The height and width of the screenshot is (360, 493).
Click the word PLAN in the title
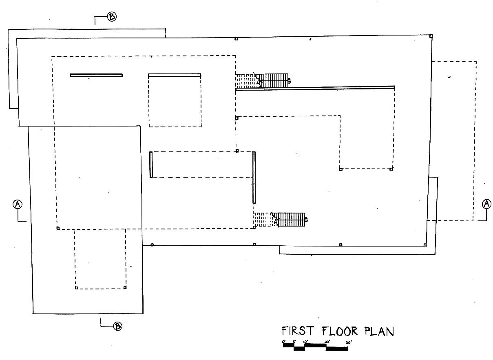(380, 331)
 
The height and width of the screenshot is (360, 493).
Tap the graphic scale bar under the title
(315, 347)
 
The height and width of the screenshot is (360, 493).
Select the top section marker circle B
(112, 17)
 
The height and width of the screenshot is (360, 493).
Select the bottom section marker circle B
(117, 326)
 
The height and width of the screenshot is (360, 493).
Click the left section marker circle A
(18, 204)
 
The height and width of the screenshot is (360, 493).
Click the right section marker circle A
(486, 204)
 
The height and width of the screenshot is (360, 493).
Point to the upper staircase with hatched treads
(272, 81)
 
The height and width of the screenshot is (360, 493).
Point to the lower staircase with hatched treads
(289, 220)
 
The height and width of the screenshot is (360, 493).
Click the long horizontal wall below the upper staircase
(315, 88)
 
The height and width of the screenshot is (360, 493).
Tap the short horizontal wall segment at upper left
(96, 75)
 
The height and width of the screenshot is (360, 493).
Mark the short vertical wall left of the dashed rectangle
(151, 164)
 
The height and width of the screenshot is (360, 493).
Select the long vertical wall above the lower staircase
(254, 178)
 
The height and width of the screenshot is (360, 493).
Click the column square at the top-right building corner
(431, 36)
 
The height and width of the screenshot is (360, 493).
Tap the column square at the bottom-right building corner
(425, 245)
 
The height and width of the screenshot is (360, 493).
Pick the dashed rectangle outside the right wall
(453, 141)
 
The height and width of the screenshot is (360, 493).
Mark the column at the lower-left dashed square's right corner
(125, 287)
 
